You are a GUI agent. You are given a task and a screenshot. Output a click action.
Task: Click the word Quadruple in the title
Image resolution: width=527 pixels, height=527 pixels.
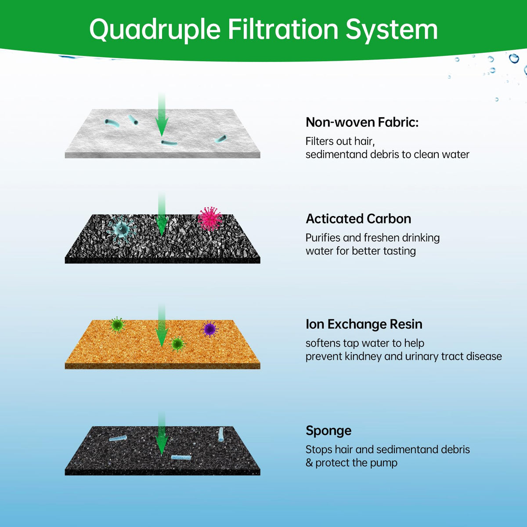tap(155, 30)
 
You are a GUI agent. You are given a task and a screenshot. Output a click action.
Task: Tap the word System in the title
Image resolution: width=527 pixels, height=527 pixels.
tap(391, 30)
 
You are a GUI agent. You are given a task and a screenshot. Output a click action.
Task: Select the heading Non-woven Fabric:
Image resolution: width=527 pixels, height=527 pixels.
tap(362, 122)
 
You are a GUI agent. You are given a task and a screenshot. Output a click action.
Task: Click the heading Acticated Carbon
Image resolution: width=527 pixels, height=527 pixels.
tap(358, 219)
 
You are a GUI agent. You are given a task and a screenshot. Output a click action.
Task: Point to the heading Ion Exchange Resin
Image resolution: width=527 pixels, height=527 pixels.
tap(364, 324)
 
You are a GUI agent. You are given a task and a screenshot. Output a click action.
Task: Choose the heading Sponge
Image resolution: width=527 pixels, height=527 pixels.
tap(328, 430)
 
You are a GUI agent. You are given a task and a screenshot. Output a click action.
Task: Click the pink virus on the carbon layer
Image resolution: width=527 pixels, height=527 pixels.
tap(209, 219)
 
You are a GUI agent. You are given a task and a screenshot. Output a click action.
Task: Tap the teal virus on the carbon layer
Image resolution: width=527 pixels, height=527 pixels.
tap(121, 228)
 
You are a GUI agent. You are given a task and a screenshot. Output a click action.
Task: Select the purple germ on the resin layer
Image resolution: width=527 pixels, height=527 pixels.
tap(209, 328)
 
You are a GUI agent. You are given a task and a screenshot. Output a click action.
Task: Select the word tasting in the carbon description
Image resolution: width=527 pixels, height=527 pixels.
tap(399, 251)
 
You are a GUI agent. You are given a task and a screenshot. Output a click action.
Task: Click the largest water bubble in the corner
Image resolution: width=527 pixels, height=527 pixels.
tap(514, 58)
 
